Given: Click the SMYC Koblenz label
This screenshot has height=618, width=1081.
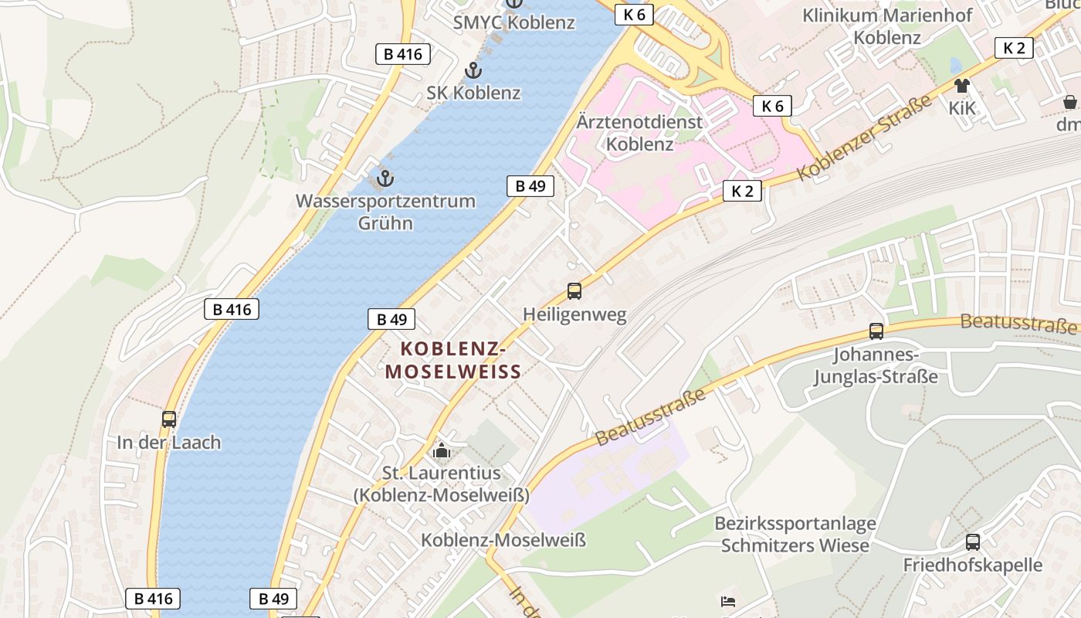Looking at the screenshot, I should click(x=513, y=22).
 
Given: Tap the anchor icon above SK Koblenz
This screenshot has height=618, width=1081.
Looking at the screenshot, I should click(x=473, y=71).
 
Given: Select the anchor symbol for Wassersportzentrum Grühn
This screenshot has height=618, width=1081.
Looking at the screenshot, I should click(x=385, y=179).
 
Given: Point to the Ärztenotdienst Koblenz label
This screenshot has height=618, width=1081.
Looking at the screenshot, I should click(x=640, y=133).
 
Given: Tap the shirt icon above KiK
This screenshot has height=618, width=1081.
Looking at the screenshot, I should click(x=962, y=86).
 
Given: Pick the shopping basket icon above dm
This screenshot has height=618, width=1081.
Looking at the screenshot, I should click(x=1070, y=102).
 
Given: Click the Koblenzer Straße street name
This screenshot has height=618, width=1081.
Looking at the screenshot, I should click(x=863, y=137).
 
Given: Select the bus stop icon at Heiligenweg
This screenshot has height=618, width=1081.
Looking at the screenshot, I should click(x=574, y=291).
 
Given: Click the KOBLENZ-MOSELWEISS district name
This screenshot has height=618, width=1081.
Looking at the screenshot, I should click(x=453, y=361).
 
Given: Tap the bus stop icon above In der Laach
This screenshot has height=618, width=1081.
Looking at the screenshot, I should click(x=169, y=419).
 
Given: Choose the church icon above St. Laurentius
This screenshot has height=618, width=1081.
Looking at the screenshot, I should click(x=442, y=450).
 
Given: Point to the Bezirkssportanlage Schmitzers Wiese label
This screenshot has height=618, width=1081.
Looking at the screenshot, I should click(x=795, y=535).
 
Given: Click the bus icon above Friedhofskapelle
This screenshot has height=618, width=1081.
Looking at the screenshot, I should click(x=973, y=542).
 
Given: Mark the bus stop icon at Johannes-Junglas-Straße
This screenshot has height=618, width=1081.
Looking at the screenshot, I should click(x=876, y=331).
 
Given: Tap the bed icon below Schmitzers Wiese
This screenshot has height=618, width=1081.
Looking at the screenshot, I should click(x=728, y=602).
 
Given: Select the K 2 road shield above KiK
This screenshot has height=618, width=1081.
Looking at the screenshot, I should click(x=1014, y=48).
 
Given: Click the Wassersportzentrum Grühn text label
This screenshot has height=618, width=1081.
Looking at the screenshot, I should click(x=385, y=212).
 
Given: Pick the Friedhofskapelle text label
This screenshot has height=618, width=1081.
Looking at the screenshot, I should click(x=973, y=565).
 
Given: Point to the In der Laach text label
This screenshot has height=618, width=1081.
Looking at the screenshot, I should click(x=169, y=443).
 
